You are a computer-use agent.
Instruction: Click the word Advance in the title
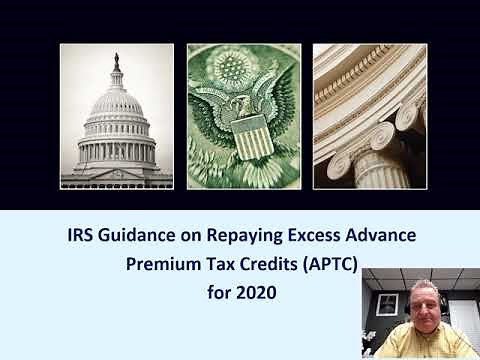[x=379, y=239]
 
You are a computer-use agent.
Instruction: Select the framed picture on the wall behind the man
[x=388, y=304]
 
